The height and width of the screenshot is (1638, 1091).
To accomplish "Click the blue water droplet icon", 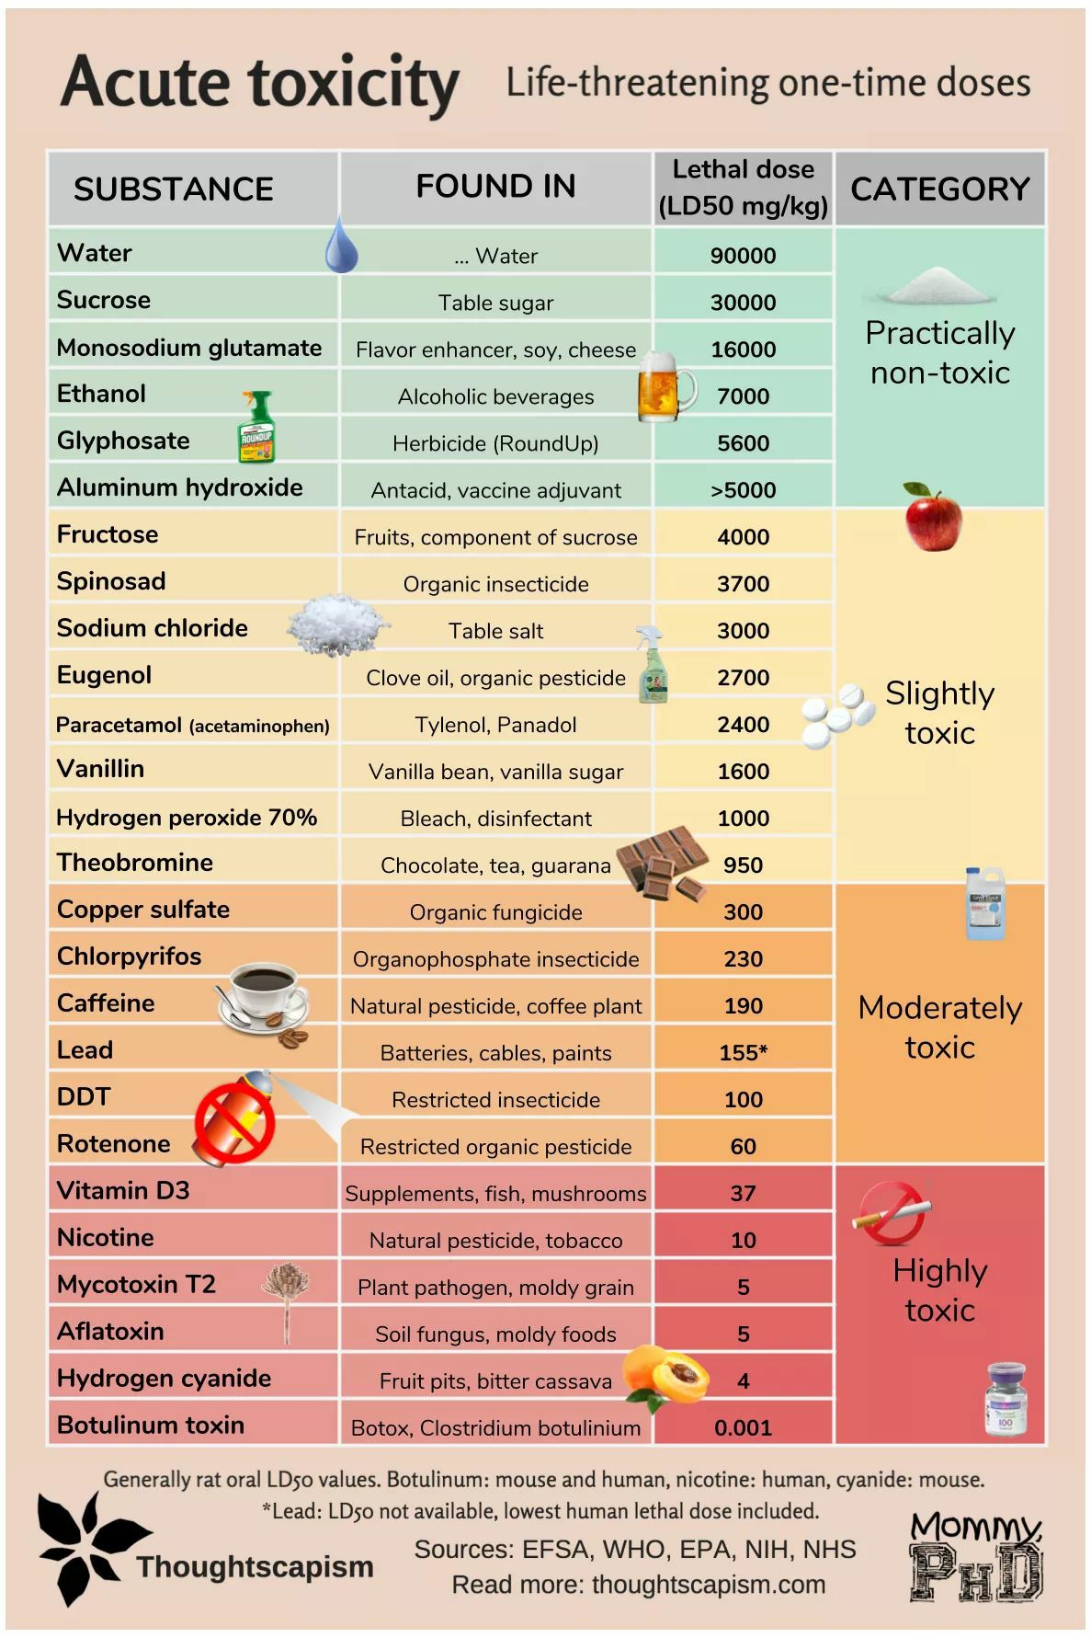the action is point(341,245).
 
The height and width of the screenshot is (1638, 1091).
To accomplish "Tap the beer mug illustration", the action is point(665,387).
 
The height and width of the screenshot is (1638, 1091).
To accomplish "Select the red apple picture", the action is point(933,516).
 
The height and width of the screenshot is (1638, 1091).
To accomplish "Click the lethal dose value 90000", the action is point(743,256).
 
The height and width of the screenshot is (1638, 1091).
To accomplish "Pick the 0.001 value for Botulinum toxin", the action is point(743,1427).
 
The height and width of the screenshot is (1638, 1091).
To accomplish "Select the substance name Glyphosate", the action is point(123,441).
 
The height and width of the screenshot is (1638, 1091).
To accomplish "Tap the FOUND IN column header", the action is point(495,186).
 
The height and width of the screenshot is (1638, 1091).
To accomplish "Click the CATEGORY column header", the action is point(940,189).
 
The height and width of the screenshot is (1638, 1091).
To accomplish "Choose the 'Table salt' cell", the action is point(495,631).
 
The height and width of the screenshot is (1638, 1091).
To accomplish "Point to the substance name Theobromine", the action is point(135,862).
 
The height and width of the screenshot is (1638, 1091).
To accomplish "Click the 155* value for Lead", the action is point(743,1052).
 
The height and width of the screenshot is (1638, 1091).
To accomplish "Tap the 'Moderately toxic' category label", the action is point(939,1027).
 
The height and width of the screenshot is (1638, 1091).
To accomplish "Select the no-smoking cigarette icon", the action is point(892,1213).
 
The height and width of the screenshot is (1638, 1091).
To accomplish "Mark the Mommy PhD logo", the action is point(976,1557).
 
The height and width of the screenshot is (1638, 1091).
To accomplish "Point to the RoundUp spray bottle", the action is point(256,426).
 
